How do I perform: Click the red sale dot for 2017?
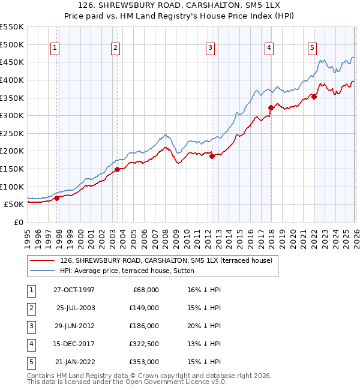(x=271, y=108)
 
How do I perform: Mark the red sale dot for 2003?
(x=118, y=169)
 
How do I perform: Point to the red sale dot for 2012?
(x=212, y=156)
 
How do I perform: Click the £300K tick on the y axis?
(x=12, y=115)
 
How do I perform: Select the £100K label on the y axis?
(x=12, y=187)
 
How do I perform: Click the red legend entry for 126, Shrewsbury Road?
(x=166, y=260)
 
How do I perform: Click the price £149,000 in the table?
(x=144, y=308)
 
